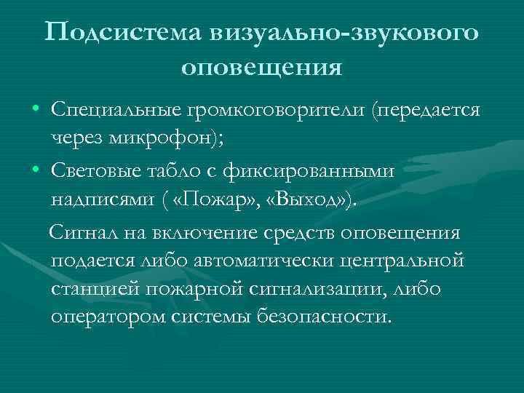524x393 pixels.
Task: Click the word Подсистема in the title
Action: tap(123, 33)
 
